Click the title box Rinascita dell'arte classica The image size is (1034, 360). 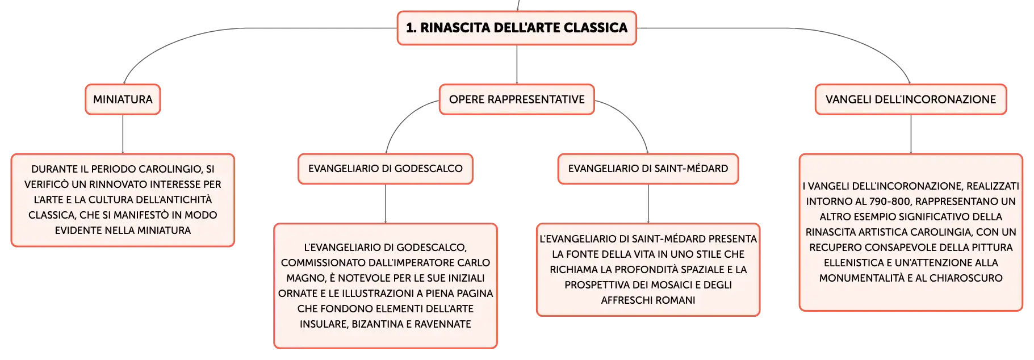click(517, 28)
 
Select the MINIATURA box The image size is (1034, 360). click(123, 99)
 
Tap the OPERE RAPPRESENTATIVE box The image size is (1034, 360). click(517, 99)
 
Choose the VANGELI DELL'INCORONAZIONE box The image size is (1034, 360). click(911, 99)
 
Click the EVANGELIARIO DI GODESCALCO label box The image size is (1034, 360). click(386, 169)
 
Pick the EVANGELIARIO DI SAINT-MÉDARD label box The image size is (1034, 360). click(648, 169)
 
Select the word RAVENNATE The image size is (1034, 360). click(442, 324)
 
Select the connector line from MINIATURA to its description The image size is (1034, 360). click(123, 134)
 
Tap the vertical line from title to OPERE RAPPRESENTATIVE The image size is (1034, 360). click(517, 65)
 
